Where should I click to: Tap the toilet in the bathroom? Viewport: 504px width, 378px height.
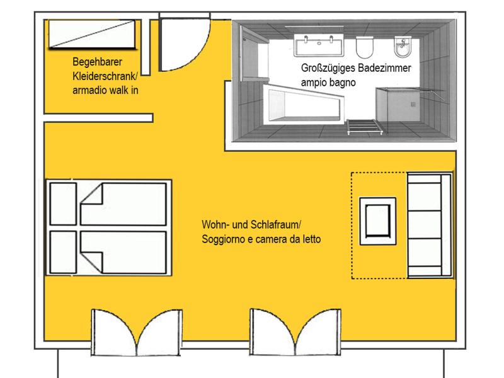point(365,45)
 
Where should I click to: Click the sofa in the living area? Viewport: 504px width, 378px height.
point(429,225)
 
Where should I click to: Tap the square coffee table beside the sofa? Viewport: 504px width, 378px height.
point(377,221)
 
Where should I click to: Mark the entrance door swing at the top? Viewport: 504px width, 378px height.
point(179,44)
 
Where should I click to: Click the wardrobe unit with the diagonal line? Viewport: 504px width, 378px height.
point(91,34)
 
